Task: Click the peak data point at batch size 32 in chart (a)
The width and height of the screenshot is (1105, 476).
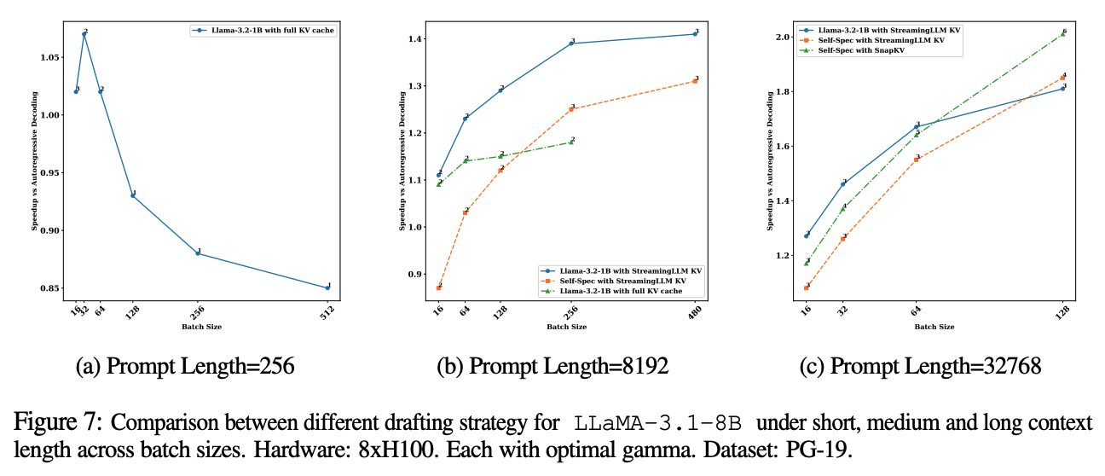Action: point(84,34)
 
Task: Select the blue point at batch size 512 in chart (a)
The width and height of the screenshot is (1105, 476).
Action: point(327,287)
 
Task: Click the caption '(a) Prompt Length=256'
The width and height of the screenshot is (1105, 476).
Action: point(185,368)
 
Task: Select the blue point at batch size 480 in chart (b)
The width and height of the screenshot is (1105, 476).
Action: point(695,34)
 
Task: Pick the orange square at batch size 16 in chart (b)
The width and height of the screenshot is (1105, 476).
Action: point(439,287)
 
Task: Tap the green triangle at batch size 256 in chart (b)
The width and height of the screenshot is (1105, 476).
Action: point(571,142)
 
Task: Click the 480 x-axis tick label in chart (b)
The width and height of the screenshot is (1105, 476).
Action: point(695,311)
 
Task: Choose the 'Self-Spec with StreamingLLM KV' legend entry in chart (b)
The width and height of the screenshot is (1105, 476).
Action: point(631,280)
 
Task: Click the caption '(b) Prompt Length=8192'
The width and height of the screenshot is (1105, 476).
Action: point(552,368)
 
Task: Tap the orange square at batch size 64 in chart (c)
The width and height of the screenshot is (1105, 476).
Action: point(917,159)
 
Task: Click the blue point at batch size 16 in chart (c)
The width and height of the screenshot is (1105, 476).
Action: point(807,235)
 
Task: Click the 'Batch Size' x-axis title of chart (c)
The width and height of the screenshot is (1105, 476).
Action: point(935,327)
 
